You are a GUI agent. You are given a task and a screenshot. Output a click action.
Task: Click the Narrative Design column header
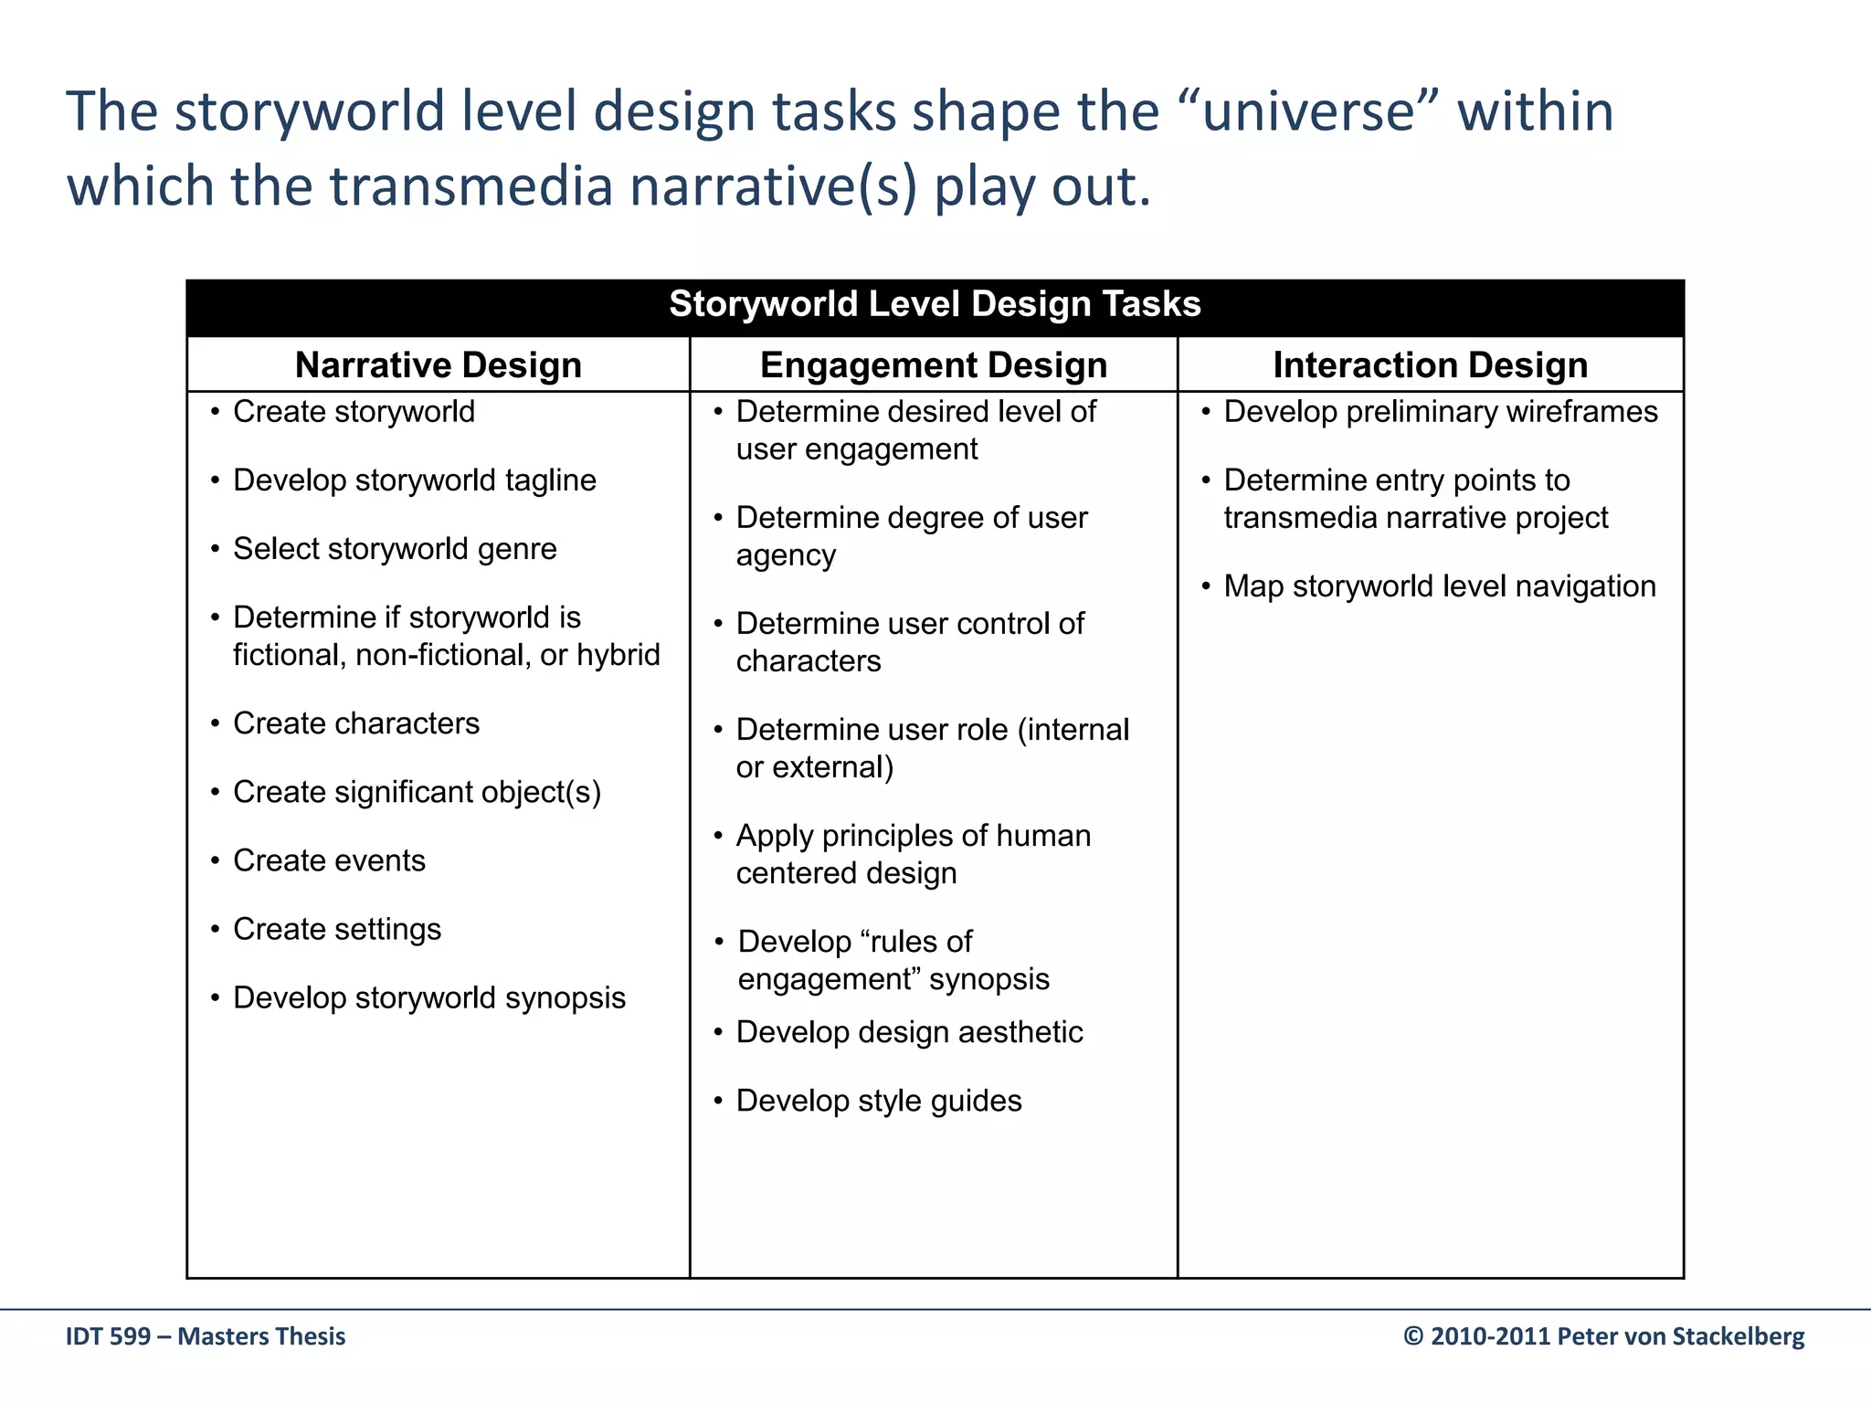(438, 365)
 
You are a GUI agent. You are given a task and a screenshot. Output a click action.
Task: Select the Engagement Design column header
(933, 365)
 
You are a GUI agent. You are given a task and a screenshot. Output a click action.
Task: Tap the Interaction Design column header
(1430, 365)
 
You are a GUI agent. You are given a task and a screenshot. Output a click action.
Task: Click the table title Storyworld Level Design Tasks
(935, 304)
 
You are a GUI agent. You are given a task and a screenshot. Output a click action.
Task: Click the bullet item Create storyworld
(354, 412)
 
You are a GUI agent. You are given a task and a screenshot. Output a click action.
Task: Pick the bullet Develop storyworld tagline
(414, 480)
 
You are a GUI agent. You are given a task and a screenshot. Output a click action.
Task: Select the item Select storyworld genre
(395, 549)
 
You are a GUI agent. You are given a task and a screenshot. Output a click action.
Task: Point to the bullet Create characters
(356, 723)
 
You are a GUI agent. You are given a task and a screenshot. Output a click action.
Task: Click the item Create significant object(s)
(417, 792)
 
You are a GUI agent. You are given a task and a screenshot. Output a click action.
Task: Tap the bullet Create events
(329, 860)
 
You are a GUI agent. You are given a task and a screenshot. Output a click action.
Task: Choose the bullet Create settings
(337, 929)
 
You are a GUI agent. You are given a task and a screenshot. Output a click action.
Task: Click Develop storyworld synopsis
(429, 997)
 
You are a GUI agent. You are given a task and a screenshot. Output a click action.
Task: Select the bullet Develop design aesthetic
(909, 1032)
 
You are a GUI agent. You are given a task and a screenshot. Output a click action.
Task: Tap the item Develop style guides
(879, 1101)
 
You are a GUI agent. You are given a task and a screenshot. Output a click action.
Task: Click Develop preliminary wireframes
(1440, 412)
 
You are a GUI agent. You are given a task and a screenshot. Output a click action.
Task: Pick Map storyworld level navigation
(1439, 586)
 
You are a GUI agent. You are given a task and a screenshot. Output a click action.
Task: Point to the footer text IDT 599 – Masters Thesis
(206, 1336)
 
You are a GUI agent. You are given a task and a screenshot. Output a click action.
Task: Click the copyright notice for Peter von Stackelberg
(1603, 1336)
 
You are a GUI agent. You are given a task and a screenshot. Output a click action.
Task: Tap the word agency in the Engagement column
(786, 556)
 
